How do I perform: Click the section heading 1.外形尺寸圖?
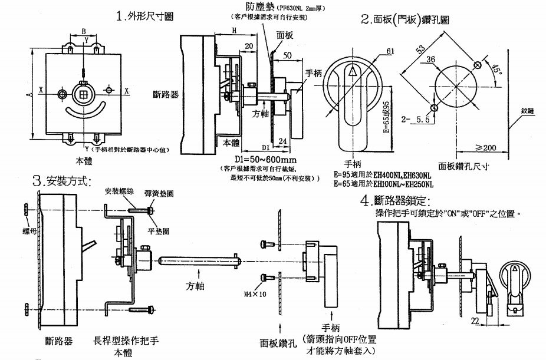coord(145,16)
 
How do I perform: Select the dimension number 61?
coord(390,52)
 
